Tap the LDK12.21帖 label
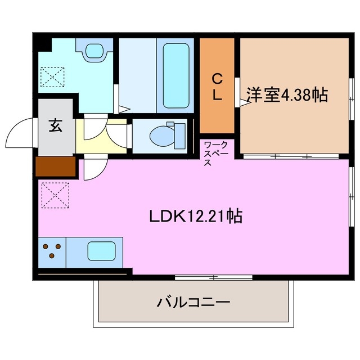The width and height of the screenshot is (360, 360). (x=196, y=216)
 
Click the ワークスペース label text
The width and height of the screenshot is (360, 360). (x=215, y=154)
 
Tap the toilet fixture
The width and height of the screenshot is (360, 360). (x=166, y=136)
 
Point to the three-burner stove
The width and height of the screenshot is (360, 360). (x=52, y=251)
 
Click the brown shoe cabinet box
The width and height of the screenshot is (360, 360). (x=55, y=166)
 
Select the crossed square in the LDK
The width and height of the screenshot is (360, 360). (x=52, y=195)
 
